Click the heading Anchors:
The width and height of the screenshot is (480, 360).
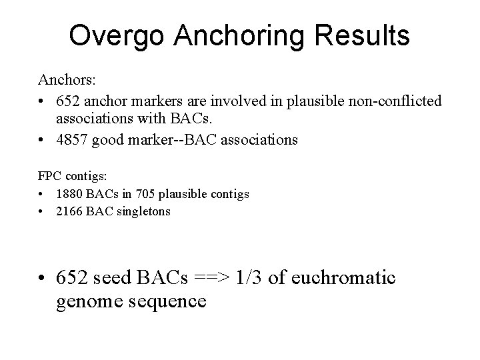coord(67,80)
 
